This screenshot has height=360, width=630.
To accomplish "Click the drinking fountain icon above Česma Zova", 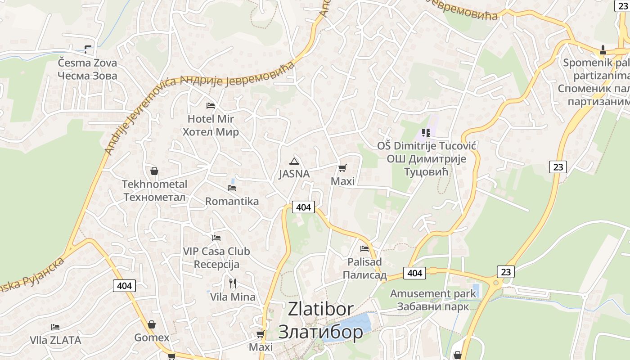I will click(87, 49).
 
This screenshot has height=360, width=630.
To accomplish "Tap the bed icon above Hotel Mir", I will click(210, 106).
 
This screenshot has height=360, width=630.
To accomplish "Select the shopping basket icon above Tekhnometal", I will click(154, 171).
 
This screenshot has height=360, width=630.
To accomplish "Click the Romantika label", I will click(232, 201).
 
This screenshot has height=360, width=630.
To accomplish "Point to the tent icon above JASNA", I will click(294, 161).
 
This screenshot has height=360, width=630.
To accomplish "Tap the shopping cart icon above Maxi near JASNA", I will click(342, 168).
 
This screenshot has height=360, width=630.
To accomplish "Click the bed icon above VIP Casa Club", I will click(216, 238).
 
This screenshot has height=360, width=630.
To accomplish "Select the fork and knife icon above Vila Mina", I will click(232, 283).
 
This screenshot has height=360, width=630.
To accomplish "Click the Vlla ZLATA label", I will click(56, 340).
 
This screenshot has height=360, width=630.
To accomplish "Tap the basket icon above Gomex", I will click(152, 324).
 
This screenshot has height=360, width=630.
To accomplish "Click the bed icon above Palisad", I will click(364, 248).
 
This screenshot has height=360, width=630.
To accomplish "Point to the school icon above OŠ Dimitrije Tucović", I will click(426, 133).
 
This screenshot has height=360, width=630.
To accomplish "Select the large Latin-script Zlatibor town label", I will click(320, 309).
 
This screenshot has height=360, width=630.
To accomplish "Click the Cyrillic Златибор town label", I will click(320, 332).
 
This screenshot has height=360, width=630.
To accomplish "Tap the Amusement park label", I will click(433, 294).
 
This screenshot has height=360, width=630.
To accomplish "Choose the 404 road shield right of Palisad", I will click(414, 273).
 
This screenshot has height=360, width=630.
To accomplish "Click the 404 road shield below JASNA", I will click(304, 207).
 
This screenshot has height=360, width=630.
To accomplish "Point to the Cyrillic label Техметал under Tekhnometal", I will click(154, 197).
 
